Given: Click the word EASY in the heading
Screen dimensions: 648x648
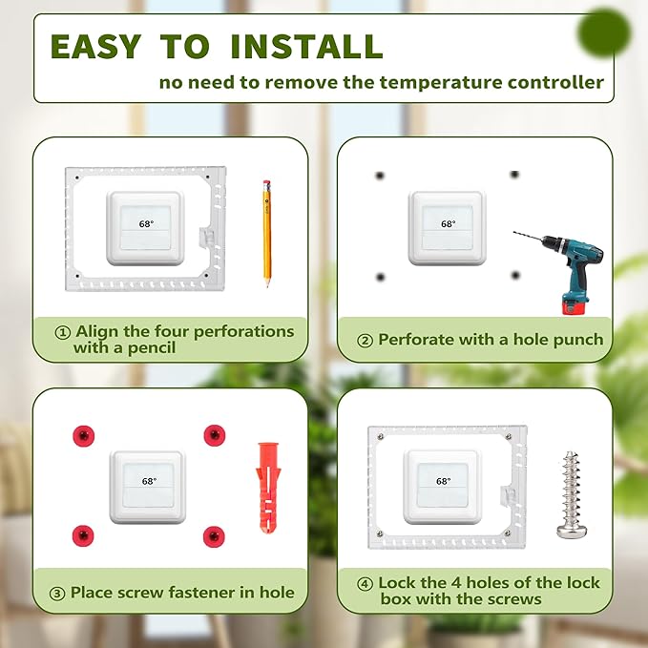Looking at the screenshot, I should [93, 46].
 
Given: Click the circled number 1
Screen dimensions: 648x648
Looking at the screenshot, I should [63, 332].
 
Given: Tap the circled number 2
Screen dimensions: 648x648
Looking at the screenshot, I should [365, 340].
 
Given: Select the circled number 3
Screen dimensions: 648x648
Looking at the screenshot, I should [58, 593].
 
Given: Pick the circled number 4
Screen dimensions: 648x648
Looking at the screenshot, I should [365, 583].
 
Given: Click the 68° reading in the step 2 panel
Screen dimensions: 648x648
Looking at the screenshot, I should [448, 224].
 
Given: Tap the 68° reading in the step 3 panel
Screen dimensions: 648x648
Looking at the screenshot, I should [148, 483].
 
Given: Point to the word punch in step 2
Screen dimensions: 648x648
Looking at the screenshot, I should [577, 340].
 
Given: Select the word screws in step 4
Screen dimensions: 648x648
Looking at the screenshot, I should [513, 599].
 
